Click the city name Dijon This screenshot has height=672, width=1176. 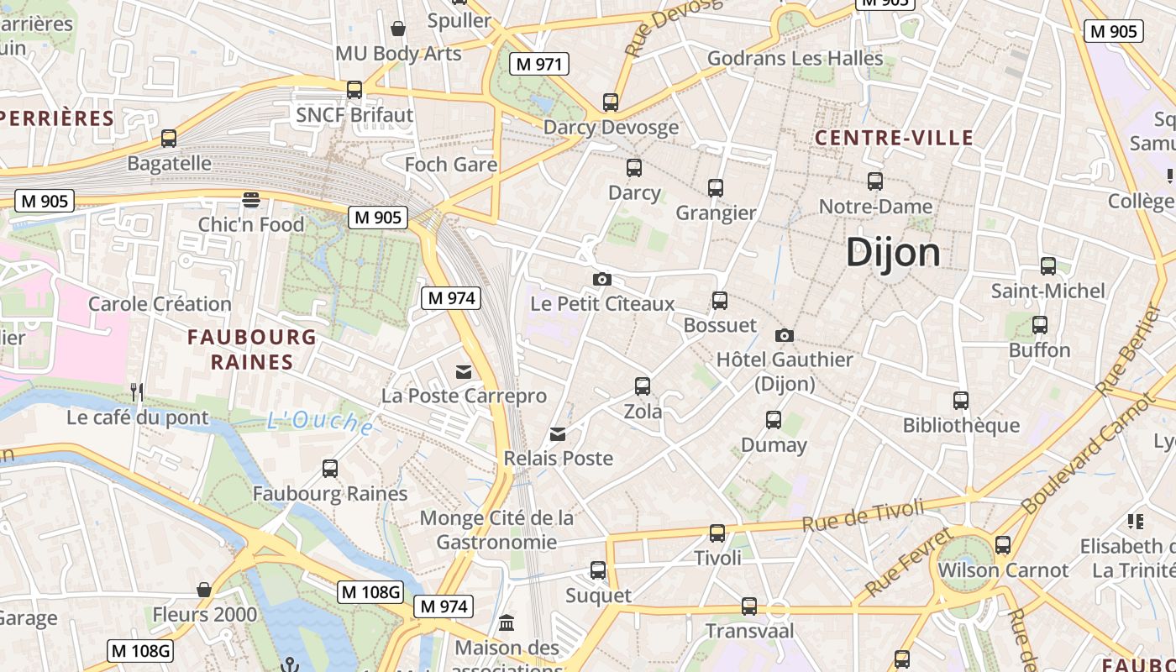click(x=892, y=251)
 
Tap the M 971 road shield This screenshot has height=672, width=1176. click(x=539, y=64)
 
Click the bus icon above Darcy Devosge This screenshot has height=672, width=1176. click(x=611, y=102)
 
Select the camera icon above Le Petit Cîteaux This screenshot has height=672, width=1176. click(x=601, y=279)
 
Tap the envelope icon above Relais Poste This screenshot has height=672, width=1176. click(x=558, y=434)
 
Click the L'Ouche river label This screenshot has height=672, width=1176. click(x=321, y=423)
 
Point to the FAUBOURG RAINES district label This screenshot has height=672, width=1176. click(x=251, y=349)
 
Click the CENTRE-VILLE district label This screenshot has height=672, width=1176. click(x=894, y=138)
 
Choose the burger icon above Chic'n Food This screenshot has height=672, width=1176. click(x=250, y=200)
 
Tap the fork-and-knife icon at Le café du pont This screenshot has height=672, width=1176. click(x=137, y=392)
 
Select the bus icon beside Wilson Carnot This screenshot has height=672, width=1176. click(x=1002, y=545)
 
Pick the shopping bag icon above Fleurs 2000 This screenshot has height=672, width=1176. click(x=203, y=590)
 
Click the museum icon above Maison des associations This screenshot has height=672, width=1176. click(x=507, y=623)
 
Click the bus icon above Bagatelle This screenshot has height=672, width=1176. click(x=169, y=139)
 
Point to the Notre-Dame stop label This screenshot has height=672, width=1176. click(x=875, y=207)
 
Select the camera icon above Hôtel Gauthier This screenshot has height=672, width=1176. click(x=784, y=335)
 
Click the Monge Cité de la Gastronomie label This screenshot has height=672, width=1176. click(x=496, y=529)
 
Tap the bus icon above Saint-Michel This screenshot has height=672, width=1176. click(x=1047, y=266)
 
